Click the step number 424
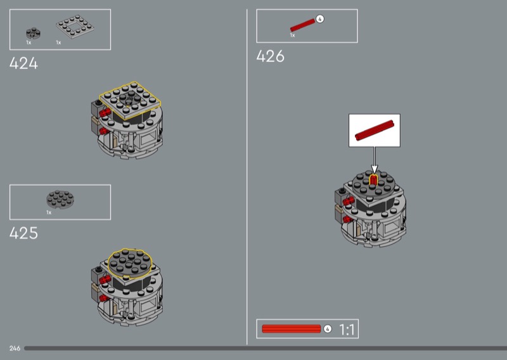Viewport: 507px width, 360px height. (23, 63)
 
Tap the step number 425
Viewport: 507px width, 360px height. (23, 233)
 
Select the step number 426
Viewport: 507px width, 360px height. (271, 56)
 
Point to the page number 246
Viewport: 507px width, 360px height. (15, 349)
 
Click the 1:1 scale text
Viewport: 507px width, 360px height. (347, 330)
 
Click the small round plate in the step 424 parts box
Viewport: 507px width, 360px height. (33, 33)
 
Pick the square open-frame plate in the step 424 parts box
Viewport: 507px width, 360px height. (75, 27)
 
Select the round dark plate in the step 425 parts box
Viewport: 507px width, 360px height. (60, 199)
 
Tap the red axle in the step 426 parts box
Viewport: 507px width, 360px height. (303, 25)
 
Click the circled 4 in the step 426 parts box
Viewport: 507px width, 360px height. (320, 19)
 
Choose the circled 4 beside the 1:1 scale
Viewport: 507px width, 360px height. (328, 329)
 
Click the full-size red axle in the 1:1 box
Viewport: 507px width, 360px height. (292, 329)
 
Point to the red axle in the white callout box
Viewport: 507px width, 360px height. (375, 131)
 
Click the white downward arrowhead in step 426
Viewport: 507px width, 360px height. (375, 169)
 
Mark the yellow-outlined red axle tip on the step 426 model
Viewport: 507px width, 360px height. (373, 180)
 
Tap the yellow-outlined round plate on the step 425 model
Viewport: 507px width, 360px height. (130, 264)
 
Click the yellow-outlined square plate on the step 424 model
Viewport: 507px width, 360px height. (130, 100)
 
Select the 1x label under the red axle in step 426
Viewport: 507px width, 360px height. (292, 35)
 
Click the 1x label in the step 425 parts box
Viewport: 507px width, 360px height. (49, 212)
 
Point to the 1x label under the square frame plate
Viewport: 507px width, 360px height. (58, 42)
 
